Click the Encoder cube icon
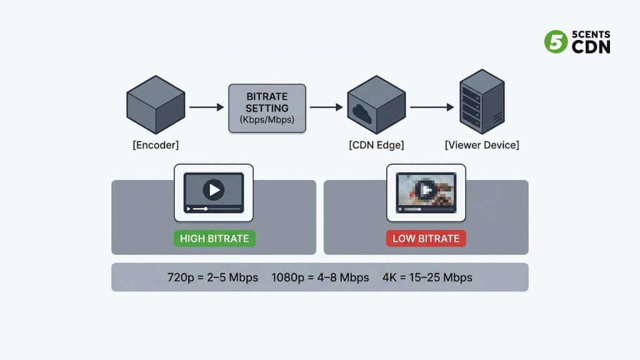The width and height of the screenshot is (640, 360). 156,104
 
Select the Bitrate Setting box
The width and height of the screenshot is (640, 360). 267,108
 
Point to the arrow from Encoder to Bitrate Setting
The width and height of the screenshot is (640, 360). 206,107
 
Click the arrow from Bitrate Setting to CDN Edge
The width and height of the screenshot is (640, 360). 326,107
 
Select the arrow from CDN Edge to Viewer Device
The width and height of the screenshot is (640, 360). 432,107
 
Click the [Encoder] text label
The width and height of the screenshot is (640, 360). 156,145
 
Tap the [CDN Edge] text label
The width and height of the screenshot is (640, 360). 376,145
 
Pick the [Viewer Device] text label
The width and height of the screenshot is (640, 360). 482,145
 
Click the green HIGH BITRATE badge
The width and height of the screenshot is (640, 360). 214,238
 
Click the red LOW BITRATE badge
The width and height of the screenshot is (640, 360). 426,238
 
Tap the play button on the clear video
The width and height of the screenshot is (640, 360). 214,189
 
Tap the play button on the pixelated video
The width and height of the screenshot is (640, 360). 426,189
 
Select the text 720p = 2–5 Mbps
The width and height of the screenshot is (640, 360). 212,277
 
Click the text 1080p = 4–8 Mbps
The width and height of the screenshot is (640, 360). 320,277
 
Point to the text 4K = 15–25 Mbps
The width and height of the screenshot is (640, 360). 427,277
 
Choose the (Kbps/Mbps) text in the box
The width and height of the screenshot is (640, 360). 267,119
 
